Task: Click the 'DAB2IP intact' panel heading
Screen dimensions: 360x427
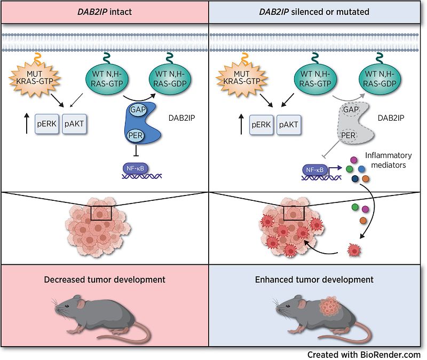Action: point(105,11)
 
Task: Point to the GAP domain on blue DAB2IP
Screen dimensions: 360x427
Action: point(135,109)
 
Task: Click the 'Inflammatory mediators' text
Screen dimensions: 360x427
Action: point(388,160)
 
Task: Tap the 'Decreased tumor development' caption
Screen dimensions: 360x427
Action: point(105,279)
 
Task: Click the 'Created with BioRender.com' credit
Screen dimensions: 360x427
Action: point(364,354)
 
